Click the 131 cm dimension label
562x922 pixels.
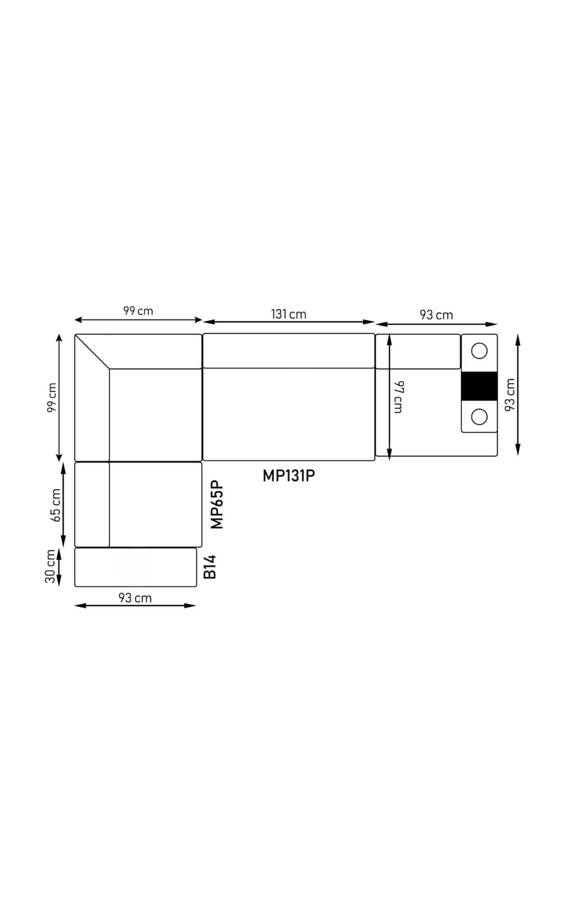tap(288, 314)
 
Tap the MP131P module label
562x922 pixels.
tap(288, 475)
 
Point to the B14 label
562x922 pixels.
tap(210, 566)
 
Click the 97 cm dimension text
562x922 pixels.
tap(398, 397)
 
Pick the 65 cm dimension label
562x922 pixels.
tap(56, 505)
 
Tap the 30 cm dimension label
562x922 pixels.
tap(50, 566)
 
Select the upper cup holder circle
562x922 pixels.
tap(479, 351)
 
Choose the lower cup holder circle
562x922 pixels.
tap(479, 417)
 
